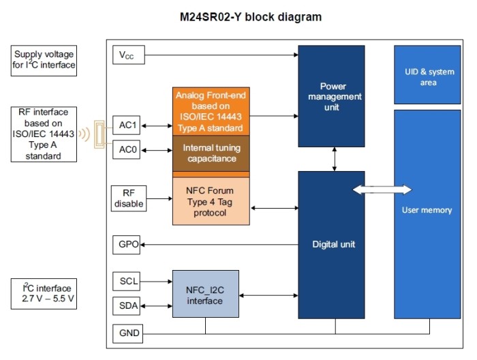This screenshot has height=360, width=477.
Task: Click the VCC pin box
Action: point(129,55)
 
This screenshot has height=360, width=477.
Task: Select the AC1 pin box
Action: point(126,125)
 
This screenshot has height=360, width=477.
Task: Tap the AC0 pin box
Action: point(126,149)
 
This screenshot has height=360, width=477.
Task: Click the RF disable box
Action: point(129,198)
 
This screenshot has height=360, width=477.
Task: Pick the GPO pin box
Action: point(126,245)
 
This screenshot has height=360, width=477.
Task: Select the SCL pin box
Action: point(126,281)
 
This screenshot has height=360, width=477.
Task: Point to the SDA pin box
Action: point(126,306)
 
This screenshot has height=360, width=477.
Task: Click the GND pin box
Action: point(128,334)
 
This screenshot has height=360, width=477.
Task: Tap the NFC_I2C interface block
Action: point(206,294)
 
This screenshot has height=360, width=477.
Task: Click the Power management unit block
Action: point(331,96)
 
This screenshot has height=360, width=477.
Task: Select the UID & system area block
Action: point(427,75)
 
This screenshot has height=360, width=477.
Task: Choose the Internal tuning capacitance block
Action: point(211,153)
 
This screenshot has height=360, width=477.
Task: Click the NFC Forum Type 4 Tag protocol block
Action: point(211,201)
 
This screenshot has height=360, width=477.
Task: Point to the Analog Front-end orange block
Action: point(211,111)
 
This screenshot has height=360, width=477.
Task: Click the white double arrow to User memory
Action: point(382,190)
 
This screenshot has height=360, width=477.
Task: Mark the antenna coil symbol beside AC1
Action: point(99,134)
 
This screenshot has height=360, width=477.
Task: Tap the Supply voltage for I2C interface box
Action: point(44,61)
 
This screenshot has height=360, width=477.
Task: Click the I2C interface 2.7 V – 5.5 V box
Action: point(44,294)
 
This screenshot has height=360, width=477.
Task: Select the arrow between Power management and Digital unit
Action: point(335,159)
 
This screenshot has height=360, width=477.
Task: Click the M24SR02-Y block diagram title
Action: point(251,17)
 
